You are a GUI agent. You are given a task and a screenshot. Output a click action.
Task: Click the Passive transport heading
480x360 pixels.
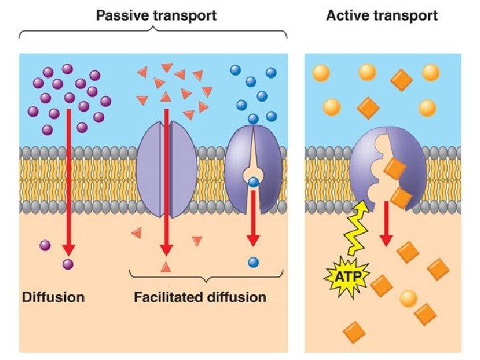point(156,15)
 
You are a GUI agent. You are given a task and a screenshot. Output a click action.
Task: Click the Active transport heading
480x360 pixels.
point(382,15)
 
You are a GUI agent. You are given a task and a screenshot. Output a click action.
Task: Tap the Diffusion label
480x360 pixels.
point(53,297)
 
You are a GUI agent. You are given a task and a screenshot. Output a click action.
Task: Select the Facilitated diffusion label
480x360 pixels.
point(200,297)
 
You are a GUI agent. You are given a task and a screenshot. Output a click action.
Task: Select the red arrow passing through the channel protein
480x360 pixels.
point(167,180)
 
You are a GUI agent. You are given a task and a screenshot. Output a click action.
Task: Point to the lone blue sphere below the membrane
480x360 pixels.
point(253,262)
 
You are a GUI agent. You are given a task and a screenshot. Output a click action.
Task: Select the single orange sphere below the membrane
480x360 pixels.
point(408,297)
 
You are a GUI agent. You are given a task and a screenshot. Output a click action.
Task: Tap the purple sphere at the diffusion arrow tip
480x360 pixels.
point(67,265)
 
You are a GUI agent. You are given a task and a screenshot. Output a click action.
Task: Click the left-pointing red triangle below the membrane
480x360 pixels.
point(137,233)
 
